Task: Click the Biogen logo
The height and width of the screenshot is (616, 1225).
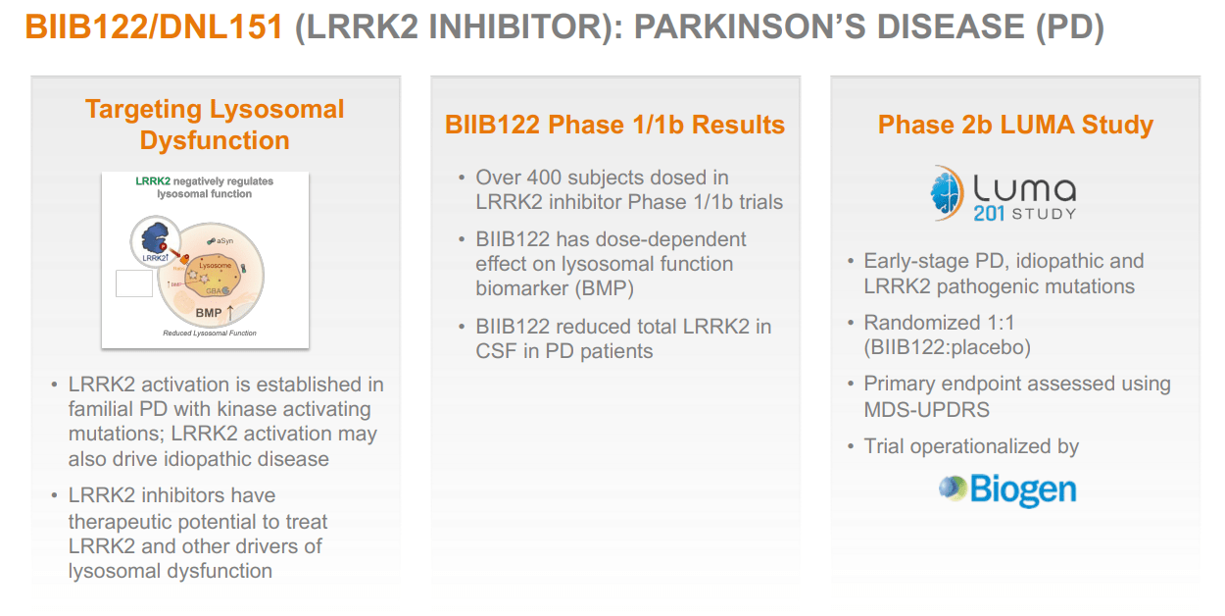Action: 1007,488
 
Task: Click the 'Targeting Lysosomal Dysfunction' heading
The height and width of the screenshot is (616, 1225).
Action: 215,125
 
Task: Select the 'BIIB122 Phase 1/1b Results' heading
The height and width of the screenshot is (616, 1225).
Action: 614,125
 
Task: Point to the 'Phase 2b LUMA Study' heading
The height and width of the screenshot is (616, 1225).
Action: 1015,125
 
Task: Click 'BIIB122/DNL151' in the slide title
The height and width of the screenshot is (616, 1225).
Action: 156,26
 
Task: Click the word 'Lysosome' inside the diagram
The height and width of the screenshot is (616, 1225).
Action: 215,266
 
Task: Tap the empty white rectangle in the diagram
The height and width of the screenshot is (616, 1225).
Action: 134,283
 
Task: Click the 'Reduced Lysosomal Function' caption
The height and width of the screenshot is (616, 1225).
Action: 210,334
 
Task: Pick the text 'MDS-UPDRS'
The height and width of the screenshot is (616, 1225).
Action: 928,409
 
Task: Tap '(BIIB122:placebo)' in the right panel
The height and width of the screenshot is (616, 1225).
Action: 947,347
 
